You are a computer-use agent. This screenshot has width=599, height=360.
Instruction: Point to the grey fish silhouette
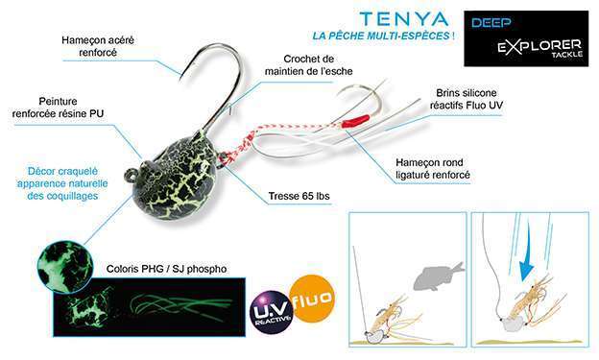tap(437, 279)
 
